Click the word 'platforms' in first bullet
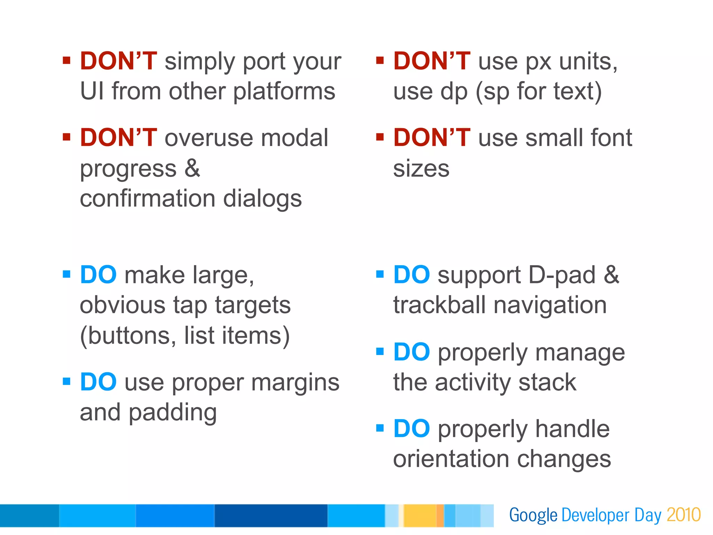284,91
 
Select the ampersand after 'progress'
193,168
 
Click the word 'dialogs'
262,198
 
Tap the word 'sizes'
421,169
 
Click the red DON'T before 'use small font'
432,137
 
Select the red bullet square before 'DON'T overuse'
66,137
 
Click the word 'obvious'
122,305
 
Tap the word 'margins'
295,383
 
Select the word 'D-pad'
562,275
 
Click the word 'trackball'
439,305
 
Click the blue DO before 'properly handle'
412,428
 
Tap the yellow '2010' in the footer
683,515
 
